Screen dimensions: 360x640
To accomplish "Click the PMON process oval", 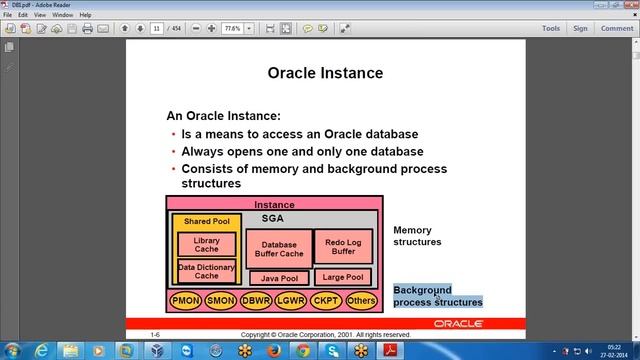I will coord(186,299).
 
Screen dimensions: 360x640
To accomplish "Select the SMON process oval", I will coord(220,299).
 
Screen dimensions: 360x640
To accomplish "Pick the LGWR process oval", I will coord(290,299).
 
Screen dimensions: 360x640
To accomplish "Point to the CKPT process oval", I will coord(325,299).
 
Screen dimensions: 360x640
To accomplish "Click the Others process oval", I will coord(360,299).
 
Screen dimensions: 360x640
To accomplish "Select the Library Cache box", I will coord(206,244).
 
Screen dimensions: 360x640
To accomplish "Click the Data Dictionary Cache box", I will coord(206,271).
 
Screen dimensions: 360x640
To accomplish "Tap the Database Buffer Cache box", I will coord(278,248).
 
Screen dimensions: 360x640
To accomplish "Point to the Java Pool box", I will coord(278,278).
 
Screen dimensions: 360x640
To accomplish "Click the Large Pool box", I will coord(342,277).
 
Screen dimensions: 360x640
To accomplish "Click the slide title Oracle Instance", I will coord(325,73).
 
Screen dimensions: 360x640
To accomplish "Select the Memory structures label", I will coord(417,236).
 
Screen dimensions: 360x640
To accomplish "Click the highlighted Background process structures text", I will coord(437,296).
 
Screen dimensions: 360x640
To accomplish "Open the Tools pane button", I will coord(550,29).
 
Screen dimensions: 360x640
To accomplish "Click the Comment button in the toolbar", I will coord(616,29).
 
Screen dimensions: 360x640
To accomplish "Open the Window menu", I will coord(61,15).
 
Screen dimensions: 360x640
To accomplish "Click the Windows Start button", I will coord(14,350).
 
